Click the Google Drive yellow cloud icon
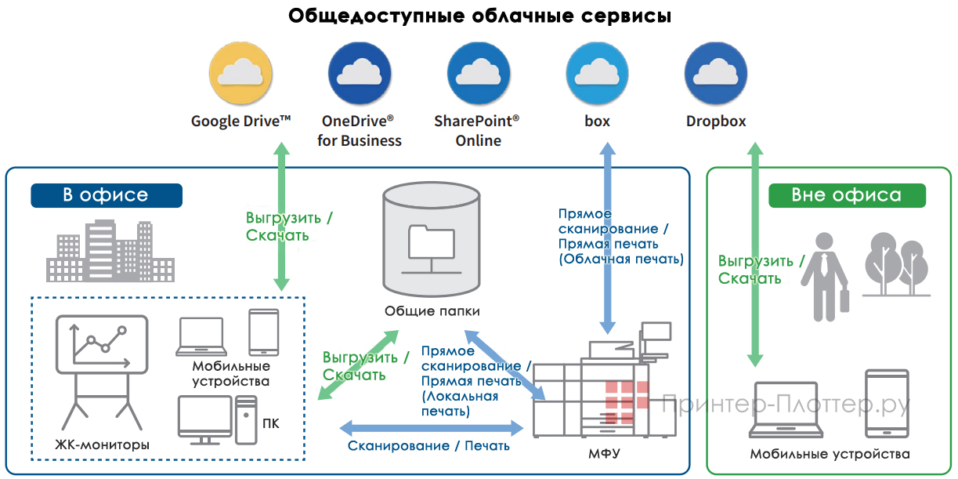click(x=240, y=74)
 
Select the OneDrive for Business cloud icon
click(x=359, y=74)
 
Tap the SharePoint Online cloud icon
click(x=477, y=74)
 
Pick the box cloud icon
click(x=597, y=74)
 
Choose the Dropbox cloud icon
click(x=715, y=74)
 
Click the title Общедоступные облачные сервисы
click(x=479, y=16)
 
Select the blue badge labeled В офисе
click(x=106, y=195)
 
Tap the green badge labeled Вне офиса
click(x=846, y=195)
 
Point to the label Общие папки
click(x=432, y=311)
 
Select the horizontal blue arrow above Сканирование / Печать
click(x=432, y=428)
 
